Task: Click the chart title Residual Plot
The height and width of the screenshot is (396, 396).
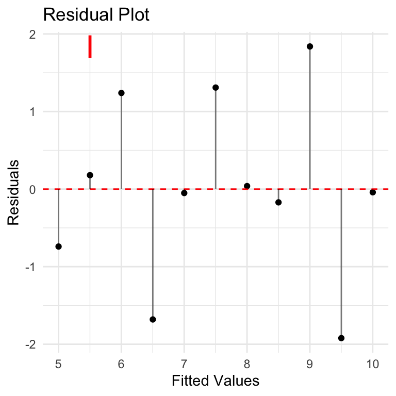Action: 96,15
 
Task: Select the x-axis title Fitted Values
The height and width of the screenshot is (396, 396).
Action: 215,382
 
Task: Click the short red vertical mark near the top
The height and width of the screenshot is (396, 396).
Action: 90,46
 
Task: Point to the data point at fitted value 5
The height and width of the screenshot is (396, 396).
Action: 58,246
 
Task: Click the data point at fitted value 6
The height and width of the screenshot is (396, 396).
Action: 121,93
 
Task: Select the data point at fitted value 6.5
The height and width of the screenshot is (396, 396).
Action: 153,320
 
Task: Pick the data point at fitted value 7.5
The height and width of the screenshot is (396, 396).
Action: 216,88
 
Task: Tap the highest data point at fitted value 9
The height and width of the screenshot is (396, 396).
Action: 310,46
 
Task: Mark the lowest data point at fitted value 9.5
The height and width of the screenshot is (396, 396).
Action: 341,338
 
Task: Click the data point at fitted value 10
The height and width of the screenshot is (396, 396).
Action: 373,192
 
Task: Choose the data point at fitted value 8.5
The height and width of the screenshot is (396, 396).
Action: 278,202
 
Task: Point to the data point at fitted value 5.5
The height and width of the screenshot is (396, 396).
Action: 90,175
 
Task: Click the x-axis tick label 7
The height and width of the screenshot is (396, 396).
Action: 184,363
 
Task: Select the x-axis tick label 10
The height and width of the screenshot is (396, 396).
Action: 373,363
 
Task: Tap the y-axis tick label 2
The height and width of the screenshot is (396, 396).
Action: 32,35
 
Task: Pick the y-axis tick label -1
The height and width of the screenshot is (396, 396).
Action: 30,267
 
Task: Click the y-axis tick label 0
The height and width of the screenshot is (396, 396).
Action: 32,189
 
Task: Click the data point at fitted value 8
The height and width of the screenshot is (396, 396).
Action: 247,186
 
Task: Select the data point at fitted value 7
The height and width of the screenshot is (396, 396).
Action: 184,193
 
